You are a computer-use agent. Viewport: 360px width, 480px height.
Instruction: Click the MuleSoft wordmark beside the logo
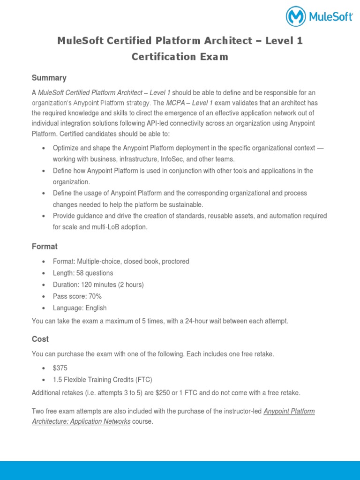pyautogui.click(x=330, y=17)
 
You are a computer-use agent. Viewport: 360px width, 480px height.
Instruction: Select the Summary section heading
pyautogui.click(x=49, y=78)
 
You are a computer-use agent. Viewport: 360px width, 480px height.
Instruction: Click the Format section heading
pyautogui.click(x=45, y=246)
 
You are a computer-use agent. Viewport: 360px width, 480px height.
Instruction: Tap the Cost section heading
pyautogui.click(x=40, y=339)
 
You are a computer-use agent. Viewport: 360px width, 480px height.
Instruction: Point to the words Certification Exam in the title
pyautogui.click(x=180, y=57)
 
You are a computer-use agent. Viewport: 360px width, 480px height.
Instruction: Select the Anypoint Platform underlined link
pyautogui.click(x=289, y=411)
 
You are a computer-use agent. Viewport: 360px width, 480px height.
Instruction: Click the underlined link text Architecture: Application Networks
pyautogui.click(x=81, y=421)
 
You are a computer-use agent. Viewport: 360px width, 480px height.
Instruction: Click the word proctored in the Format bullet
pyautogui.click(x=175, y=262)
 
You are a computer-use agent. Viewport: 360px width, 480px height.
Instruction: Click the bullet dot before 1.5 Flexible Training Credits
pyautogui.click(x=44, y=380)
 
